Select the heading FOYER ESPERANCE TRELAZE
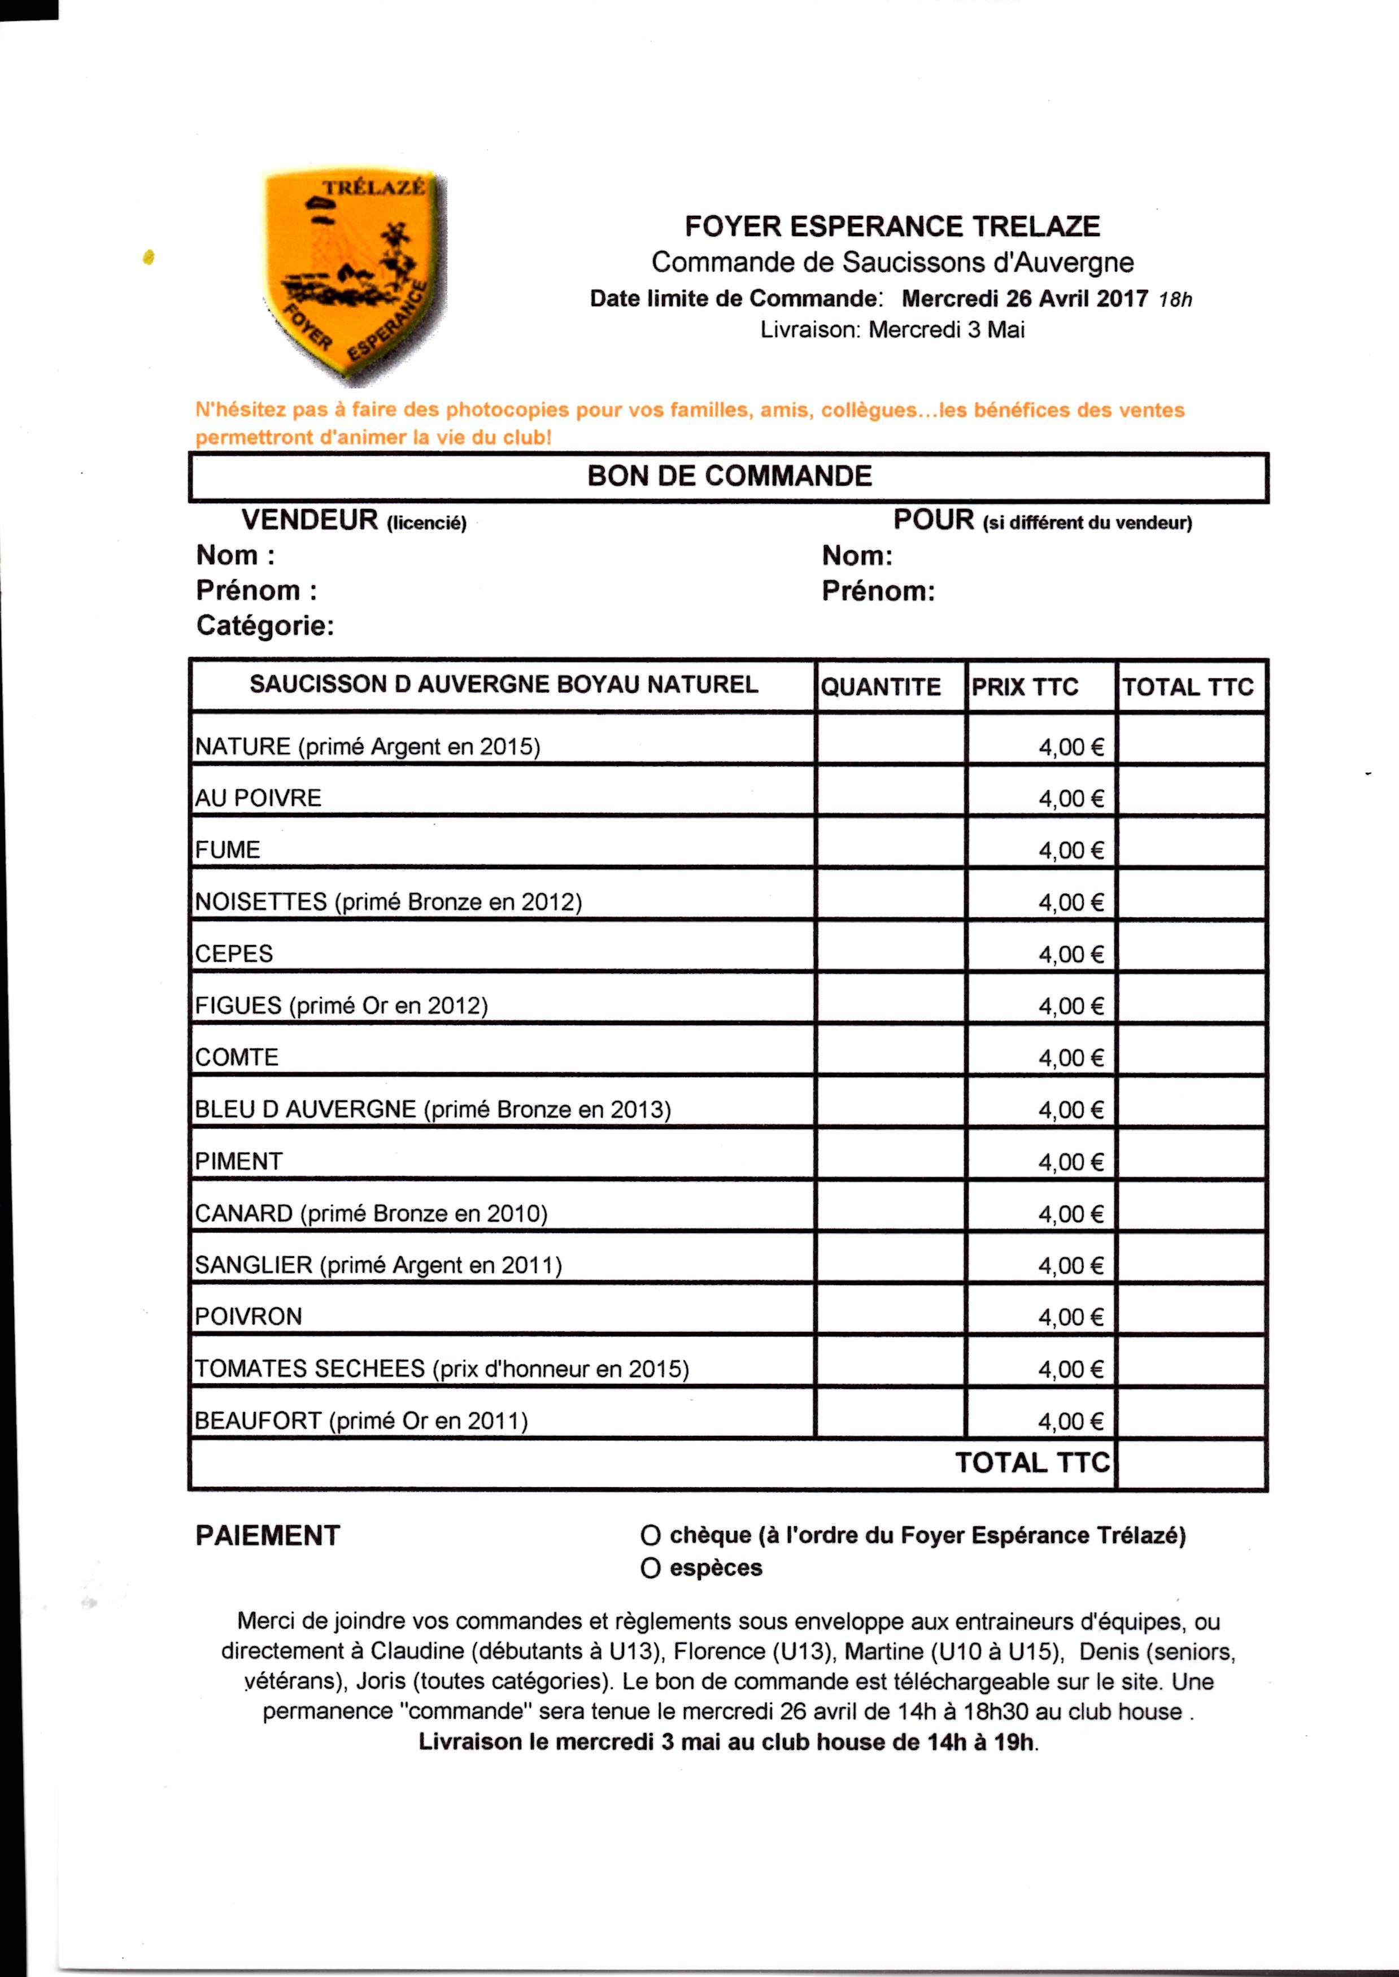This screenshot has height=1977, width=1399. (892, 227)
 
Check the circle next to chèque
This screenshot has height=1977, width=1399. (651, 1535)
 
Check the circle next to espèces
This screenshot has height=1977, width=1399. (651, 1568)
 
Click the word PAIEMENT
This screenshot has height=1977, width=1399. (268, 1535)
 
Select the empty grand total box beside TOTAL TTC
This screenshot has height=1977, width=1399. (1191, 1463)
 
